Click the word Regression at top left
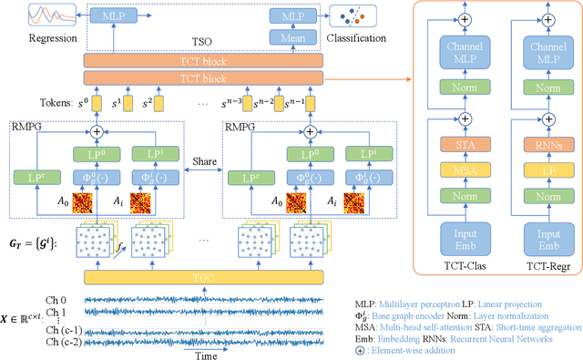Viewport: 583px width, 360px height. tap(27, 38)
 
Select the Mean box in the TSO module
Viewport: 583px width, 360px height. tap(288, 37)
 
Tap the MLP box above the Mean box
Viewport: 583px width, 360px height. tap(288, 15)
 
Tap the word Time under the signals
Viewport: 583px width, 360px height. tap(206, 355)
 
